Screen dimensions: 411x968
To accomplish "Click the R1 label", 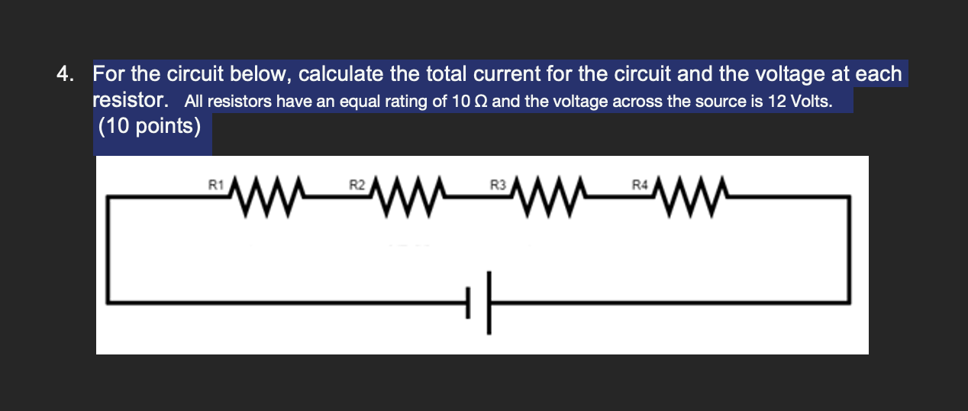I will (215, 184).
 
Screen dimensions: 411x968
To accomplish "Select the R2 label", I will (357, 184).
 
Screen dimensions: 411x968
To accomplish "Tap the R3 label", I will (497, 184).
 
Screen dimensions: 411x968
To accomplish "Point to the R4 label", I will (638, 184).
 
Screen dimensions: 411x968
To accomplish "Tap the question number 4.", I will (65, 75).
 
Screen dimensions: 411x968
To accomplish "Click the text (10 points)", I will (150, 126).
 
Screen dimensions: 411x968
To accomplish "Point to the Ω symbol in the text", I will (480, 102).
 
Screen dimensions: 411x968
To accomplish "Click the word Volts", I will (810, 102).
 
